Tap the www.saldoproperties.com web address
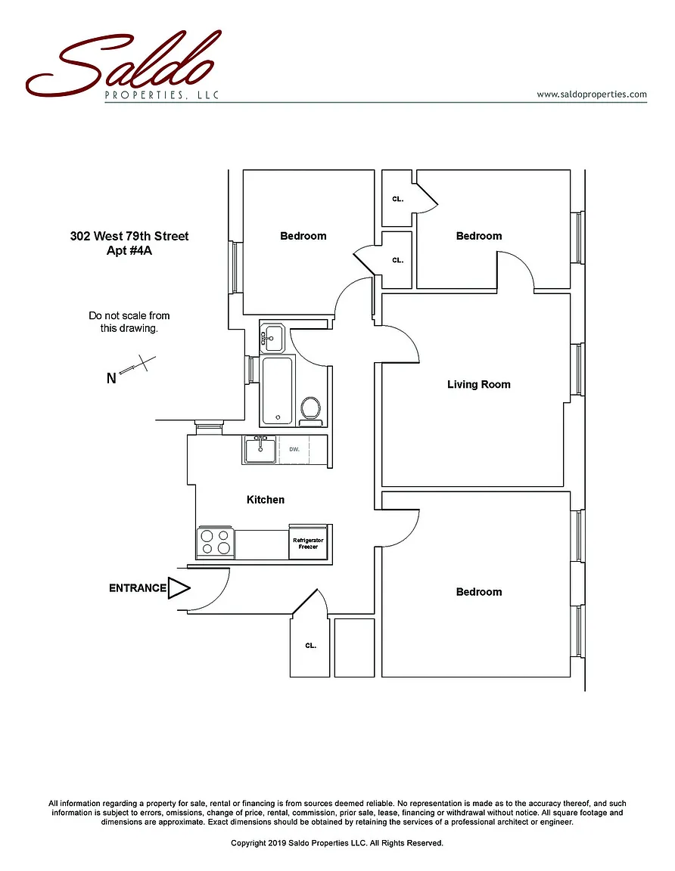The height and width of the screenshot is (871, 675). (x=592, y=95)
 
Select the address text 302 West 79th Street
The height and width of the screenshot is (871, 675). (x=129, y=236)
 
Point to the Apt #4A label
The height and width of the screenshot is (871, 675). (x=129, y=250)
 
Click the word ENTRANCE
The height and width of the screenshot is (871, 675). (x=137, y=588)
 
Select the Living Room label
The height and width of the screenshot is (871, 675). (x=478, y=384)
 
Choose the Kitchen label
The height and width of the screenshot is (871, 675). (x=266, y=500)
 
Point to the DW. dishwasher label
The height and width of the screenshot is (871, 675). (x=295, y=449)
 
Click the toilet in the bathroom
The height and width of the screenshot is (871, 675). (x=310, y=408)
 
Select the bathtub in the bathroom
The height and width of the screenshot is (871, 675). (x=278, y=392)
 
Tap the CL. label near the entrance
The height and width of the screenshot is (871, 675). (x=310, y=646)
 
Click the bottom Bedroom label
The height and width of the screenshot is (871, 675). (x=478, y=592)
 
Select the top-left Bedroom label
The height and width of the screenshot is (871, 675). (x=303, y=236)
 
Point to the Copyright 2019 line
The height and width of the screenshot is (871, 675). (x=337, y=842)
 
